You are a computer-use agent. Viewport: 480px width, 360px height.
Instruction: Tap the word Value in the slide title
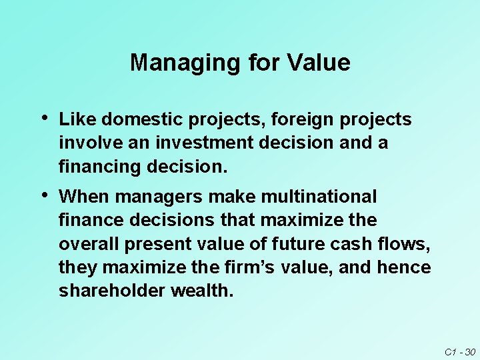(x=319, y=63)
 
